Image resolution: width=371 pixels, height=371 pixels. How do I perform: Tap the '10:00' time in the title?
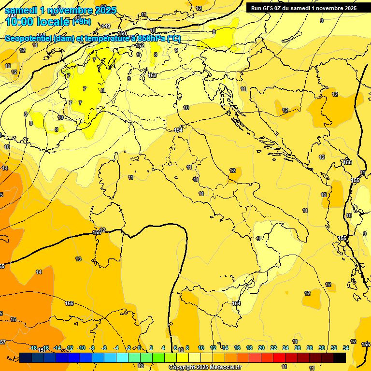pos(22,22)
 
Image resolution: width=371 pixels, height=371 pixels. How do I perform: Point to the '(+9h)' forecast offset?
pos(81,22)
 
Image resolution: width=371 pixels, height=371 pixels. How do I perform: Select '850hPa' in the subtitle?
pos(151,39)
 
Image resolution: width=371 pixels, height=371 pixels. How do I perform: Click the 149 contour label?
pos(106,26)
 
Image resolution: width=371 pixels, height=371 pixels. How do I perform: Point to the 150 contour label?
pos(122,33)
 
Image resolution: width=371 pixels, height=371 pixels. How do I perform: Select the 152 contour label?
pos(140,45)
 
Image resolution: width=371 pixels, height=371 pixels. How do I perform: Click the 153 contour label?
pos(153,75)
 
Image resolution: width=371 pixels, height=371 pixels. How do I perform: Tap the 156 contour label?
pos(69,303)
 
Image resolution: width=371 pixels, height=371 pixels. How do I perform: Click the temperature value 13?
pos(78,259)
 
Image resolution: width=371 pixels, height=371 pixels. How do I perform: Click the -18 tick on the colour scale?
pos(33,348)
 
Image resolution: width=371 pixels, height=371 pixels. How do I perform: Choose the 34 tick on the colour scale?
pos(346,348)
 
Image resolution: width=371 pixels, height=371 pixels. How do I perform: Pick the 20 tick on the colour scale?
pos(261,348)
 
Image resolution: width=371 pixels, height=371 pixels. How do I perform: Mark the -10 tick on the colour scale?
pos(82,348)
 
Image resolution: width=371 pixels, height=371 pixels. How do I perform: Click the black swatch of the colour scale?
pos(340,357)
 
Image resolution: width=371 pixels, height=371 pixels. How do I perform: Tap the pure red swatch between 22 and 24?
pos(279,357)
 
